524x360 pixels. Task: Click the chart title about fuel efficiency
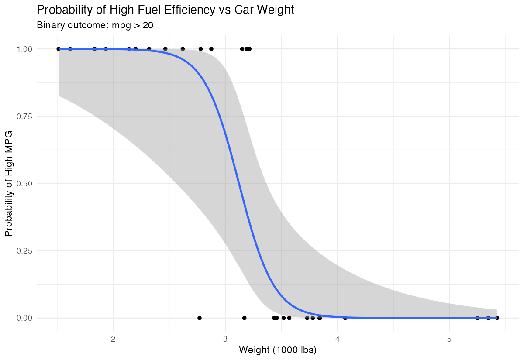[x=165, y=10]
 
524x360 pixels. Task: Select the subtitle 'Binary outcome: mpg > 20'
[x=95, y=25]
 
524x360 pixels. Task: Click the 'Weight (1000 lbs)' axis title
[x=278, y=350]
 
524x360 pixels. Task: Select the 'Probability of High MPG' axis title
[x=9, y=183]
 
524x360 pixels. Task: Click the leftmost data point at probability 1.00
[x=59, y=49]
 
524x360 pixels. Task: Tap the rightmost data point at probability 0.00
[x=497, y=318]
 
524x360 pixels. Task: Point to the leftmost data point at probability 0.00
[x=200, y=318]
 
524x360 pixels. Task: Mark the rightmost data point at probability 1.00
[x=249, y=49]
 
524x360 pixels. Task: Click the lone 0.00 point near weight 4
[x=345, y=318]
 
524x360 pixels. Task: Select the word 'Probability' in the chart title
[x=62, y=10]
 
